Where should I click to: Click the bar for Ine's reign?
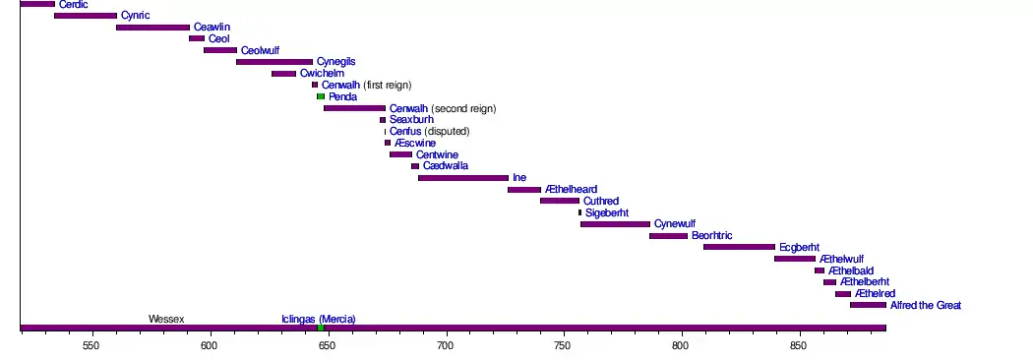pos(463,178)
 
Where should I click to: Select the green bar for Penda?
pos(321,96)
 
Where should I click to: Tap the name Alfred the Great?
pos(926,305)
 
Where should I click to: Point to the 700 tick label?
pos(446,345)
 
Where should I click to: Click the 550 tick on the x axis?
pos(91,333)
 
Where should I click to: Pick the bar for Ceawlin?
pos(152,28)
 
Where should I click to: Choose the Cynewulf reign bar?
pos(615,224)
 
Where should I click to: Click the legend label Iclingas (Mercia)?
pos(318,320)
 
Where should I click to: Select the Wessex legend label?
pos(166,320)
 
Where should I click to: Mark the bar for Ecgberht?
pos(739,247)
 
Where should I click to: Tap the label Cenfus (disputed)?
pos(430,132)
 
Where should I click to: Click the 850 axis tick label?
pos(799,345)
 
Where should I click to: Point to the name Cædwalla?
pos(446,166)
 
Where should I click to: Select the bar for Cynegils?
pos(274,62)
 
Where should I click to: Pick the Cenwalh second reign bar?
pos(354,108)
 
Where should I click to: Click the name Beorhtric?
pos(711,236)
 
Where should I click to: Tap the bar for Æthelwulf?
pos(795,259)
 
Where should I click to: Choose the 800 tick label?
pos(681,345)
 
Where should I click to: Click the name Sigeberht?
pos(607,212)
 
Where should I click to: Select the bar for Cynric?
pos(86,16)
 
